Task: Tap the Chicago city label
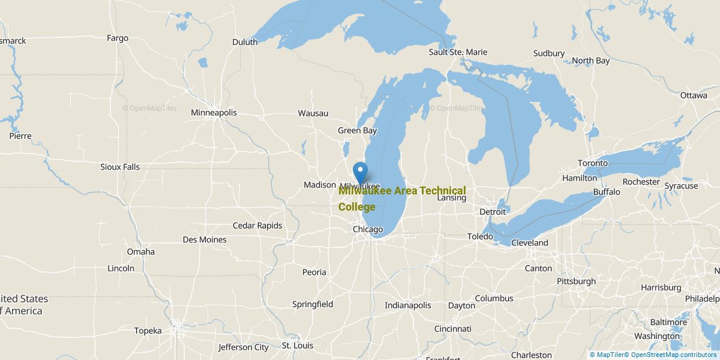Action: (x=367, y=230)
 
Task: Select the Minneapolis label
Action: (x=214, y=113)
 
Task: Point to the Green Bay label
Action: (x=357, y=131)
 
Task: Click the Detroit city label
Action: (x=493, y=212)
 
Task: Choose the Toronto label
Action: (x=593, y=163)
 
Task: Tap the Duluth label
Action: (x=245, y=42)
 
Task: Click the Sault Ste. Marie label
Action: (x=458, y=52)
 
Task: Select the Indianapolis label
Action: (x=408, y=305)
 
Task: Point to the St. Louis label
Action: (x=298, y=346)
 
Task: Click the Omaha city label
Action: (x=140, y=252)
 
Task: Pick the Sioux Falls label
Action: (x=120, y=167)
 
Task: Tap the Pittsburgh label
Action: (x=576, y=281)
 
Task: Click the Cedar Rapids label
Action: (x=257, y=226)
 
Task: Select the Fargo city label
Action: (x=118, y=38)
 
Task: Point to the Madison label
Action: (x=320, y=185)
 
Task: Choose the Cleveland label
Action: (x=529, y=243)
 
